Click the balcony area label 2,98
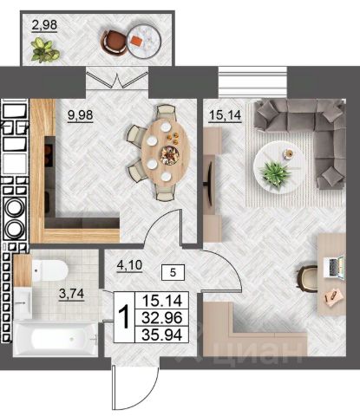[44, 25]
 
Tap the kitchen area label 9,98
[80, 115]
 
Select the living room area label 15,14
[225, 115]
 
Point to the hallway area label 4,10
[129, 265]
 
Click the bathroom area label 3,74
[71, 294]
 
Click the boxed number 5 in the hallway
[173, 272]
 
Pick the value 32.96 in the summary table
[162, 318]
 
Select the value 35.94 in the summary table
[162, 335]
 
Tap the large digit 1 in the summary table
[124, 317]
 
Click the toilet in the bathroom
[49, 270]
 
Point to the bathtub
[56, 339]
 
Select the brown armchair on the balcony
[114, 43]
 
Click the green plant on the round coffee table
[275, 172]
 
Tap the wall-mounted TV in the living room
[209, 184]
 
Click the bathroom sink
[23, 302]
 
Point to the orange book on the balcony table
[136, 40]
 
